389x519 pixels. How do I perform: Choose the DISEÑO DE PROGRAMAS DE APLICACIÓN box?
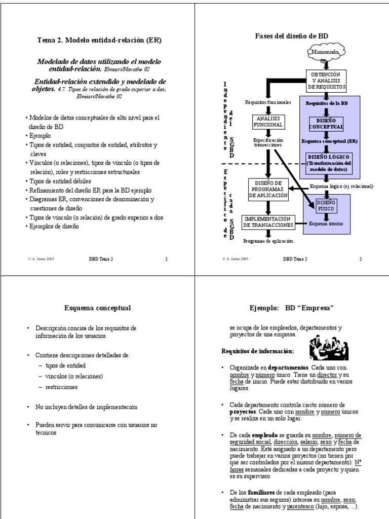[268, 190]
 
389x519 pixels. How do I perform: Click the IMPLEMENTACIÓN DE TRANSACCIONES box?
[268, 221]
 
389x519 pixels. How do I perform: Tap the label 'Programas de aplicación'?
[268, 241]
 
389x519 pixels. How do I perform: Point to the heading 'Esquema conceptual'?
[98, 308]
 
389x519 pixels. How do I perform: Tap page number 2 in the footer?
[361, 259]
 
